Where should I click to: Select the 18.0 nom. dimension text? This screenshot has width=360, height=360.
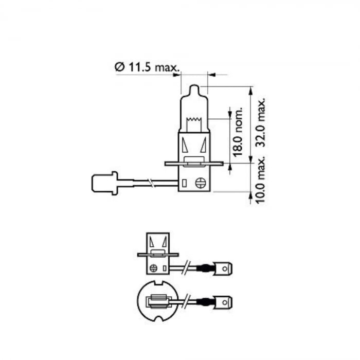(x=239, y=132)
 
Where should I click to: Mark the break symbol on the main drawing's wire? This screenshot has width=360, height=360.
(x=150, y=183)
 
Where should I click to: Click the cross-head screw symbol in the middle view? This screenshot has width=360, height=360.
(x=153, y=268)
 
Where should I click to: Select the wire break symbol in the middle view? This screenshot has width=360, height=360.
(x=187, y=268)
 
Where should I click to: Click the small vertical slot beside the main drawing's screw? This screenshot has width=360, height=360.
(x=186, y=182)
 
